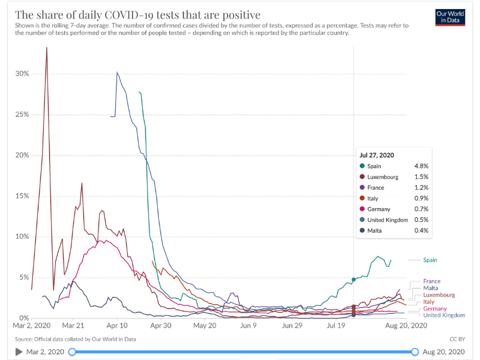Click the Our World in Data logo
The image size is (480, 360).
(451, 17)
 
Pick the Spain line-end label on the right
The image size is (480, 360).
(430, 260)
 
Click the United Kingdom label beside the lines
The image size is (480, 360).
(444, 315)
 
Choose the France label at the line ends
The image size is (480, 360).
(431, 281)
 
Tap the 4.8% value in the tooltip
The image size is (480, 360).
(422, 166)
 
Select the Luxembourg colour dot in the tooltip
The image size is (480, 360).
(362, 177)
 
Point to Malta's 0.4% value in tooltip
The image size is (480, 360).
(422, 230)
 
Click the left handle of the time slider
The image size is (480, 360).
(72, 352)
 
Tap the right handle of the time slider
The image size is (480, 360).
(415, 352)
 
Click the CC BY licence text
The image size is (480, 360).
(458, 340)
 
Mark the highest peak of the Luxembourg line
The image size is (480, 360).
(47, 47)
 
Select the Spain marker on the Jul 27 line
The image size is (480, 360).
(354, 280)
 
